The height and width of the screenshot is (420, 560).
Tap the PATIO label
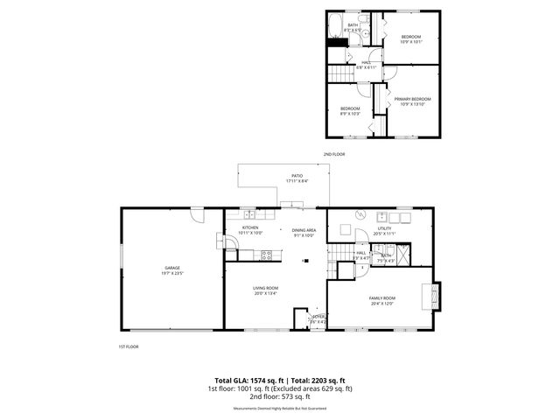click(x=297, y=178)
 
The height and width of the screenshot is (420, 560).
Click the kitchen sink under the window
click(x=249, y=214)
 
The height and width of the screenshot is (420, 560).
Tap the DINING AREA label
click(x=304, y=231)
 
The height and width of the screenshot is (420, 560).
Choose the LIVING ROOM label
click(x=266, y=290)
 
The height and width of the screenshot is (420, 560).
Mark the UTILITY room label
click(x=384, y=231)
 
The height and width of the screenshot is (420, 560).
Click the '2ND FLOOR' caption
click(x=334, y=154)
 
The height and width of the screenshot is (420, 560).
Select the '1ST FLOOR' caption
click(x=129, y=346)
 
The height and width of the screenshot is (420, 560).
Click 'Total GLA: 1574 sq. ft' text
click(x=242, y=380)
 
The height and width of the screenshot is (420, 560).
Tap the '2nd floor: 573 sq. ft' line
click(x=279, y=395)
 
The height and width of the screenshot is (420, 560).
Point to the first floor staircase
click(x=339, y=260)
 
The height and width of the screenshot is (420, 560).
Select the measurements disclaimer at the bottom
click(x=279, y=408)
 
